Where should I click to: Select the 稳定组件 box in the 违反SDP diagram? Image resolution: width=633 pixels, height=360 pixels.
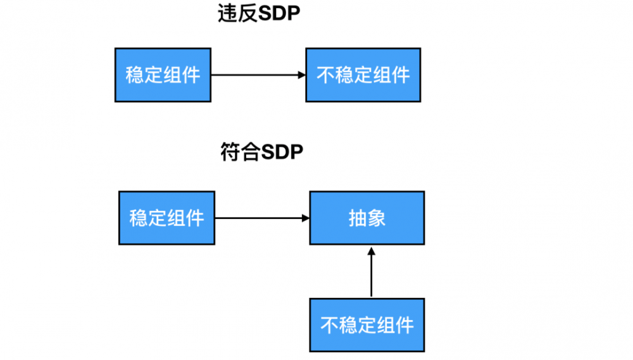[163, 75]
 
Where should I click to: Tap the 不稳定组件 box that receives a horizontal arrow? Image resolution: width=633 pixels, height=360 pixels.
[363, 75]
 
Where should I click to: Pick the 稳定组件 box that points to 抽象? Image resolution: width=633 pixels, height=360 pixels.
[166, 218]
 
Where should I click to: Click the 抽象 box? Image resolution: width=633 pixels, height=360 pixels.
[367, 218]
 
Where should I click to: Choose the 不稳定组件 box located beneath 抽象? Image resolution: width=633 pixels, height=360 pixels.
[367, 325]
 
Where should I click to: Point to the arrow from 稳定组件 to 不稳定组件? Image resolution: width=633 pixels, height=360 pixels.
[256, 75]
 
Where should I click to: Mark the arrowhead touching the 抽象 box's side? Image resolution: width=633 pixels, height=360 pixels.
[305, 218]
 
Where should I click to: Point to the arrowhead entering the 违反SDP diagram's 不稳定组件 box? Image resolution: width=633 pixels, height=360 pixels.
[302, 75]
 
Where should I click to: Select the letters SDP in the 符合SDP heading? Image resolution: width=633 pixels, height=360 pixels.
[282, 153]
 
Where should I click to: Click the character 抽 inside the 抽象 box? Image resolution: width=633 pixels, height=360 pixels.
[358, 218]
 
